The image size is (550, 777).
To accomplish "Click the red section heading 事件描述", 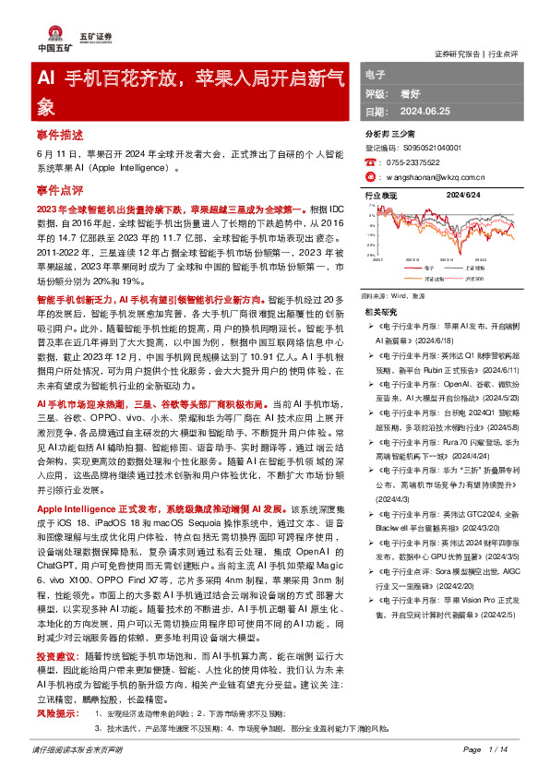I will (60, 133).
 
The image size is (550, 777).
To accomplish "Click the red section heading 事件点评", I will (60, 190).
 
